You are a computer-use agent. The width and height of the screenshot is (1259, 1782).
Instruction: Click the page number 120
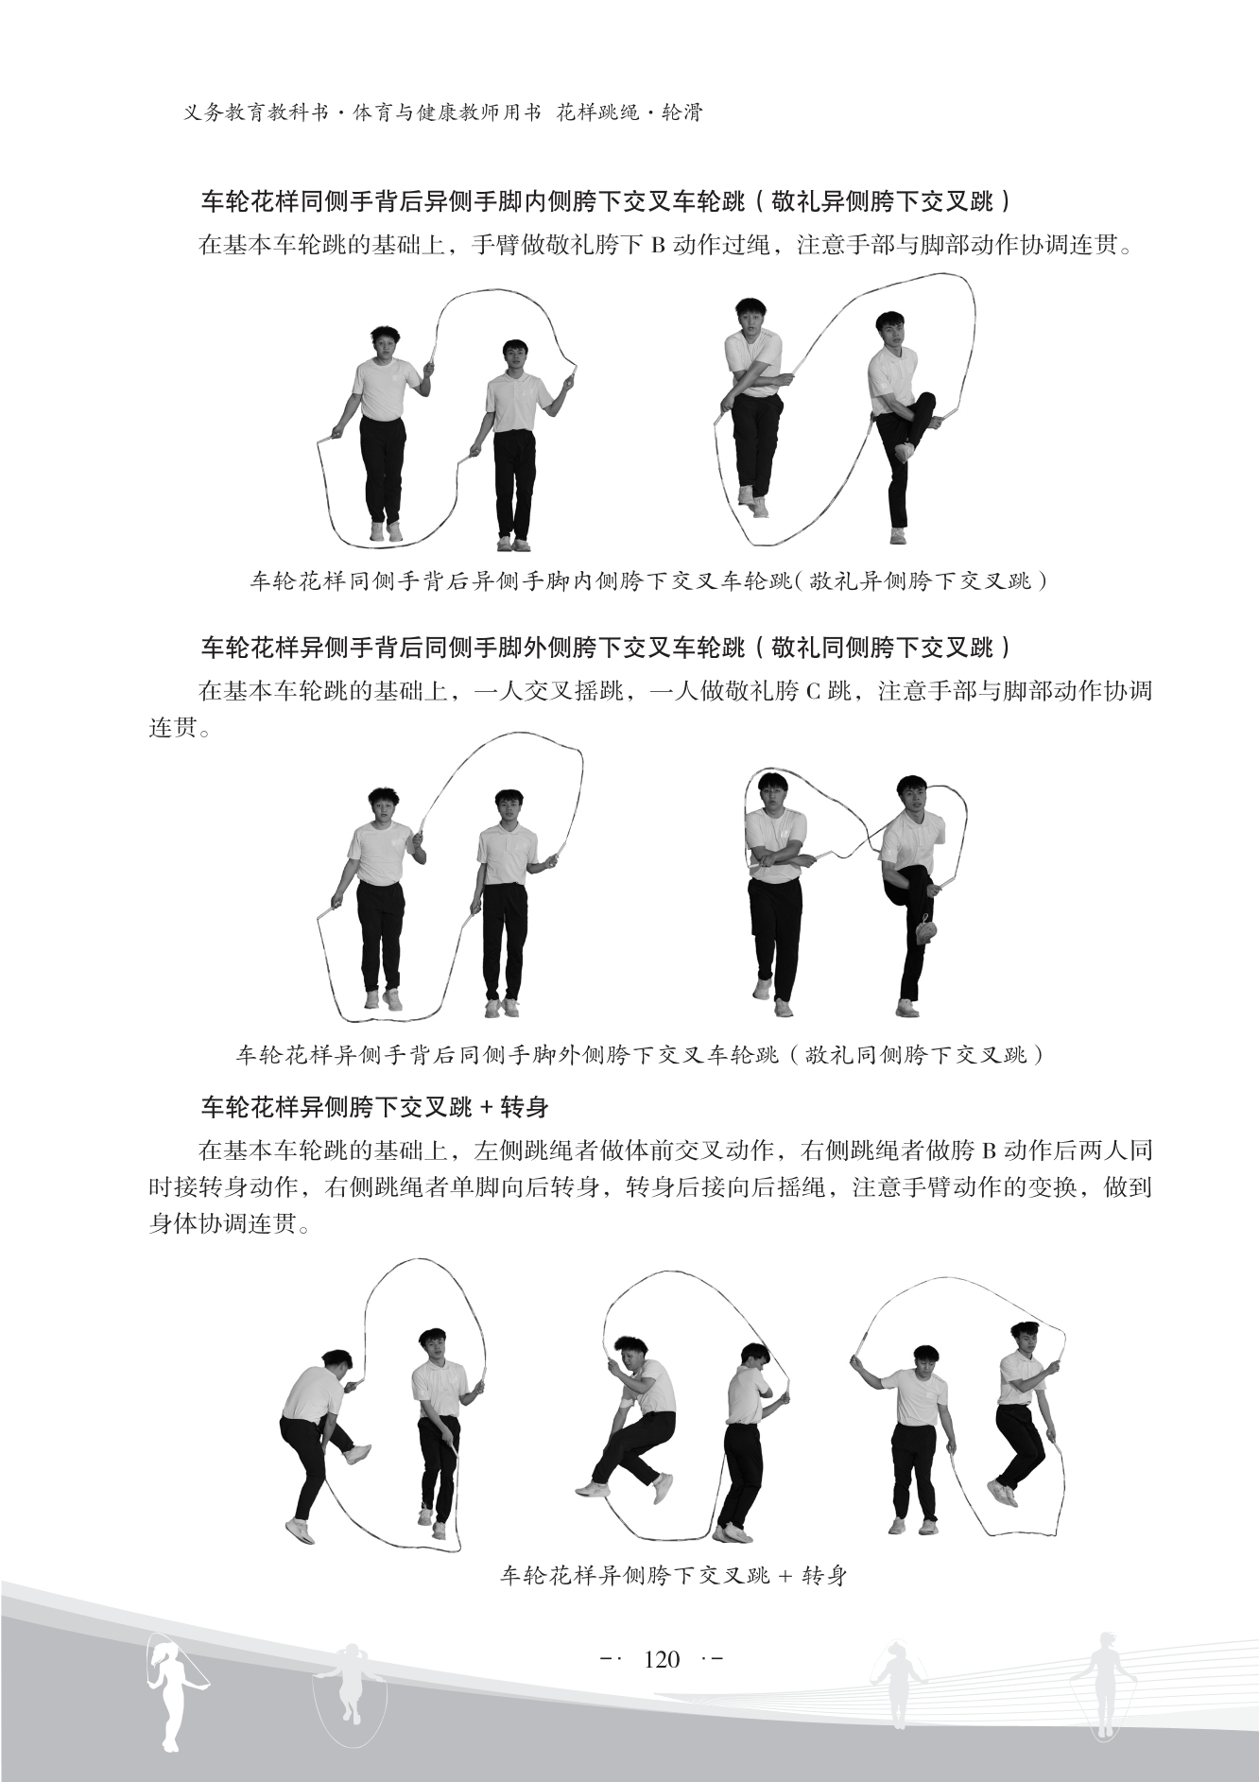coord(661,1658)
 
